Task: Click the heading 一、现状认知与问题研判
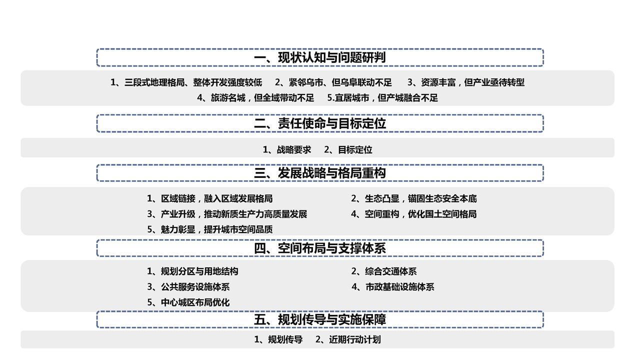[x=320, y=57]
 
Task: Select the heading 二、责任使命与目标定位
[x=320, y=123]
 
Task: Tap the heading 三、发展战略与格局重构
[x=320, y=173]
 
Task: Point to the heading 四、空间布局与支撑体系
[x=320, y=248]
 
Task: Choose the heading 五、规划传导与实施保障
[x=320, y=319]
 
